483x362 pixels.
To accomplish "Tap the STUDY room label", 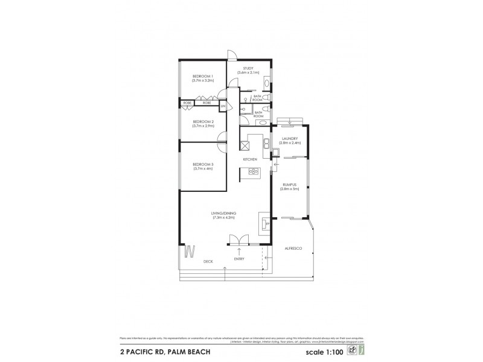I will pyautogui.click(x=248, y=69).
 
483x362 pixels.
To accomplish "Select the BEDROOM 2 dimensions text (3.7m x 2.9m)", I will pyautogui.click(x=203, y=125).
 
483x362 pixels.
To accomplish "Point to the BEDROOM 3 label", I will pyautogui.click(x=203, y=164).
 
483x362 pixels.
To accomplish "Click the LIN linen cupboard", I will pyautogui.click(x=222, y=106).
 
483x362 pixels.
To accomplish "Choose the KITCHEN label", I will pyautogui.click(x=250, y=159).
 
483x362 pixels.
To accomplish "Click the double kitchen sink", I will pyautogui.click(x=265, y=142).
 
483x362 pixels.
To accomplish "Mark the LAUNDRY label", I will pyautogui.click(x=290, y=139).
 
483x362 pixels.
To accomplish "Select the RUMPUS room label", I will pyautogui.click(x=289, y=185).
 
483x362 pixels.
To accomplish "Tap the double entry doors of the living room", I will pyautogui.click(x=240, y=240).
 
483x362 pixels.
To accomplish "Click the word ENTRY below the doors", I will pyautogui.click(x=240, y=259).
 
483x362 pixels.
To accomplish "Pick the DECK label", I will pyautogui.click(x=208, y=261).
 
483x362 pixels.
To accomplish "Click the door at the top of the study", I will pyautogui.click(x=232, y=55).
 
